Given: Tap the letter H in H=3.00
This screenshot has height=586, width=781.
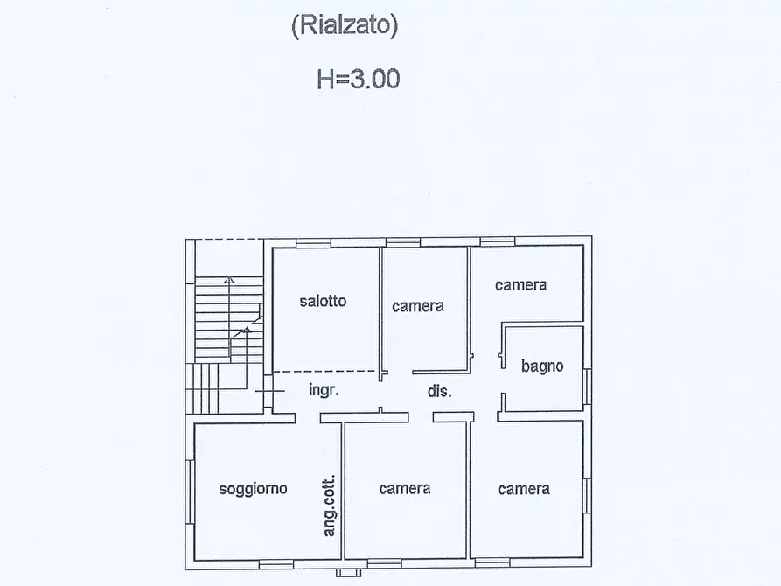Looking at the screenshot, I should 325,80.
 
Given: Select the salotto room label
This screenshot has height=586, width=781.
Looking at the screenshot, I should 323,301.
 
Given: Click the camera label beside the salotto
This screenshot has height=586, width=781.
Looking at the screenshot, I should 418,305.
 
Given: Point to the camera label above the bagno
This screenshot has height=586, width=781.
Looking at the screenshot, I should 520,284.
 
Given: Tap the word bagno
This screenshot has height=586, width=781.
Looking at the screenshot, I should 542,366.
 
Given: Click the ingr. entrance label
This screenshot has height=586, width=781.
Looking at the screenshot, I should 324,391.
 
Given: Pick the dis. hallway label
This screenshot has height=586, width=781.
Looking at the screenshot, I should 439,391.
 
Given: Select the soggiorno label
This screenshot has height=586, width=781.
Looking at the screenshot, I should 253,489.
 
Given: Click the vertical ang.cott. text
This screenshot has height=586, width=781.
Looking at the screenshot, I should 330,506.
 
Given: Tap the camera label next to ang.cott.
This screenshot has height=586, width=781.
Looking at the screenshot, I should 405,488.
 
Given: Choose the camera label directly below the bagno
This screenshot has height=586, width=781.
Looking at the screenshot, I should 524,488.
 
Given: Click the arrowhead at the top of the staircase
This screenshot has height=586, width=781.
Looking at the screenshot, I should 229,281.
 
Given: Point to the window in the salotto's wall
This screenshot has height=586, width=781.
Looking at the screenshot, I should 314,242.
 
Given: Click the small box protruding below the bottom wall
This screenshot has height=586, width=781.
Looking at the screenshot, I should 347,572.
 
